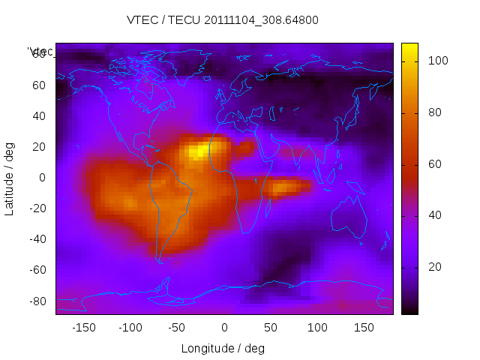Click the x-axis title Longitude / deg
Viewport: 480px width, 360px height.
point(223,348)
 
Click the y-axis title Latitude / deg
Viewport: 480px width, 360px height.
point(10,178)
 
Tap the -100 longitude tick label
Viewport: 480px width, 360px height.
point(130,328)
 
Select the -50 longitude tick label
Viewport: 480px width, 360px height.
point(177,328)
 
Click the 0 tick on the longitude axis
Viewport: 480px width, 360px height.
point(224,328)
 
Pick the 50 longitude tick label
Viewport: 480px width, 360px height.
point(271,328)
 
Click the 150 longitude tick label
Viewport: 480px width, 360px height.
point(364,328)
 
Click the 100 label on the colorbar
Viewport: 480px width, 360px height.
point(437,61)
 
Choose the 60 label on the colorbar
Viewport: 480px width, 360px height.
point(434,164)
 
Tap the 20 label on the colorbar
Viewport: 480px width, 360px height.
point(434,267)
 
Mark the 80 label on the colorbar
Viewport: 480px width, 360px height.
point(434,112)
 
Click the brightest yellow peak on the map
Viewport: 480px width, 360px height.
point(198,151)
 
